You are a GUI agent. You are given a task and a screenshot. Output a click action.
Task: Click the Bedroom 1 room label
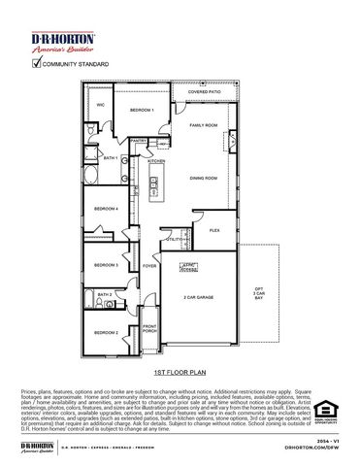pyautogui.click(x=144, y=111)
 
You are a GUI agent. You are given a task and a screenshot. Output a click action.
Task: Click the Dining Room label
pyautogui.click(x=203, y=178)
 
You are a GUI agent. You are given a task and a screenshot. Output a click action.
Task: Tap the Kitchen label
pyautogui.click(x=157, y=161)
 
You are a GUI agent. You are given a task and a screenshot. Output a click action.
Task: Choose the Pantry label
pyautogui.click(x=139, y=141)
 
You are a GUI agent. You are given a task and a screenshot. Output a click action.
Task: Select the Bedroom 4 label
pyautogui.click(x=107, y=209)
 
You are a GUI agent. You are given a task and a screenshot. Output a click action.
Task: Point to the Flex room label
pyautogui.click(x=214, y=230)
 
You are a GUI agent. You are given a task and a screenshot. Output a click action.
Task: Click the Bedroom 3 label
pyautogui.click(x=107, y=264)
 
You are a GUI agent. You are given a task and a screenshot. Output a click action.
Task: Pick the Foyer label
pyautogui.click(x=150, y=265)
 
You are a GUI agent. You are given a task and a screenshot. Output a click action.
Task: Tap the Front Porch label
pyautogui.click(x=150, y=328)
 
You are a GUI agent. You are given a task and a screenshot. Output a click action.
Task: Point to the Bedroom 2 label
pyautogui.click(x=107, y=333)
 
